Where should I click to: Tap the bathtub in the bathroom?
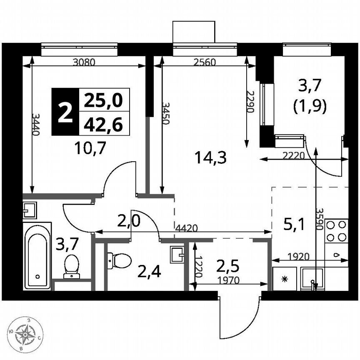(x=37, y=255)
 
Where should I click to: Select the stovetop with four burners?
(x=336, y=231)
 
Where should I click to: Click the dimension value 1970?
(x=228, y=280)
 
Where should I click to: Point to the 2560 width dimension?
(x=204, y=63)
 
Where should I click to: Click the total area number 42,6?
(x=104, y=124)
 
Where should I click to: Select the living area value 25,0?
(x=104, y=100)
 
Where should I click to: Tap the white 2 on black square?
(x=65, y=112)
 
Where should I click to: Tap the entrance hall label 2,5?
(x=228, y=265)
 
